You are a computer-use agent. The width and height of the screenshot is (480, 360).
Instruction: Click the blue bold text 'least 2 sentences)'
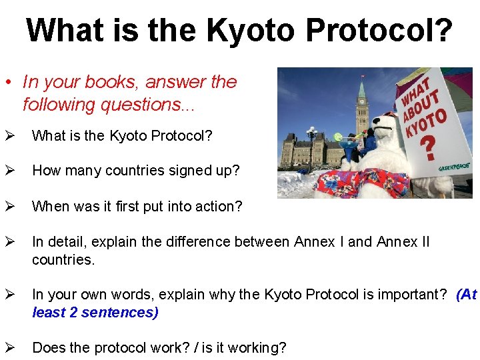point(95,313)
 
